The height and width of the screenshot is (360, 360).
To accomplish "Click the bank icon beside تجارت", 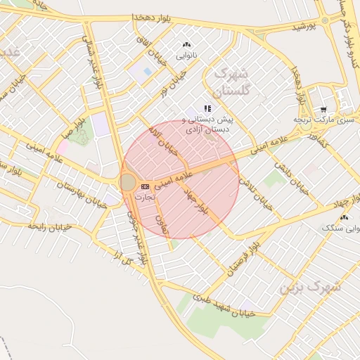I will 145,186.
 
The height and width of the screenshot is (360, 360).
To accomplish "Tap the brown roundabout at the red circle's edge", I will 127,183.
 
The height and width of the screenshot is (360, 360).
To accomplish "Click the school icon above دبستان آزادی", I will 207,108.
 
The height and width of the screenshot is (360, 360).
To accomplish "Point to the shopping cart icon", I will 323,109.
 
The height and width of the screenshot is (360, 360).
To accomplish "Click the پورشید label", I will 306,26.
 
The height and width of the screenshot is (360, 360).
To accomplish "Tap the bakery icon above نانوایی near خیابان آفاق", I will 186,44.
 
